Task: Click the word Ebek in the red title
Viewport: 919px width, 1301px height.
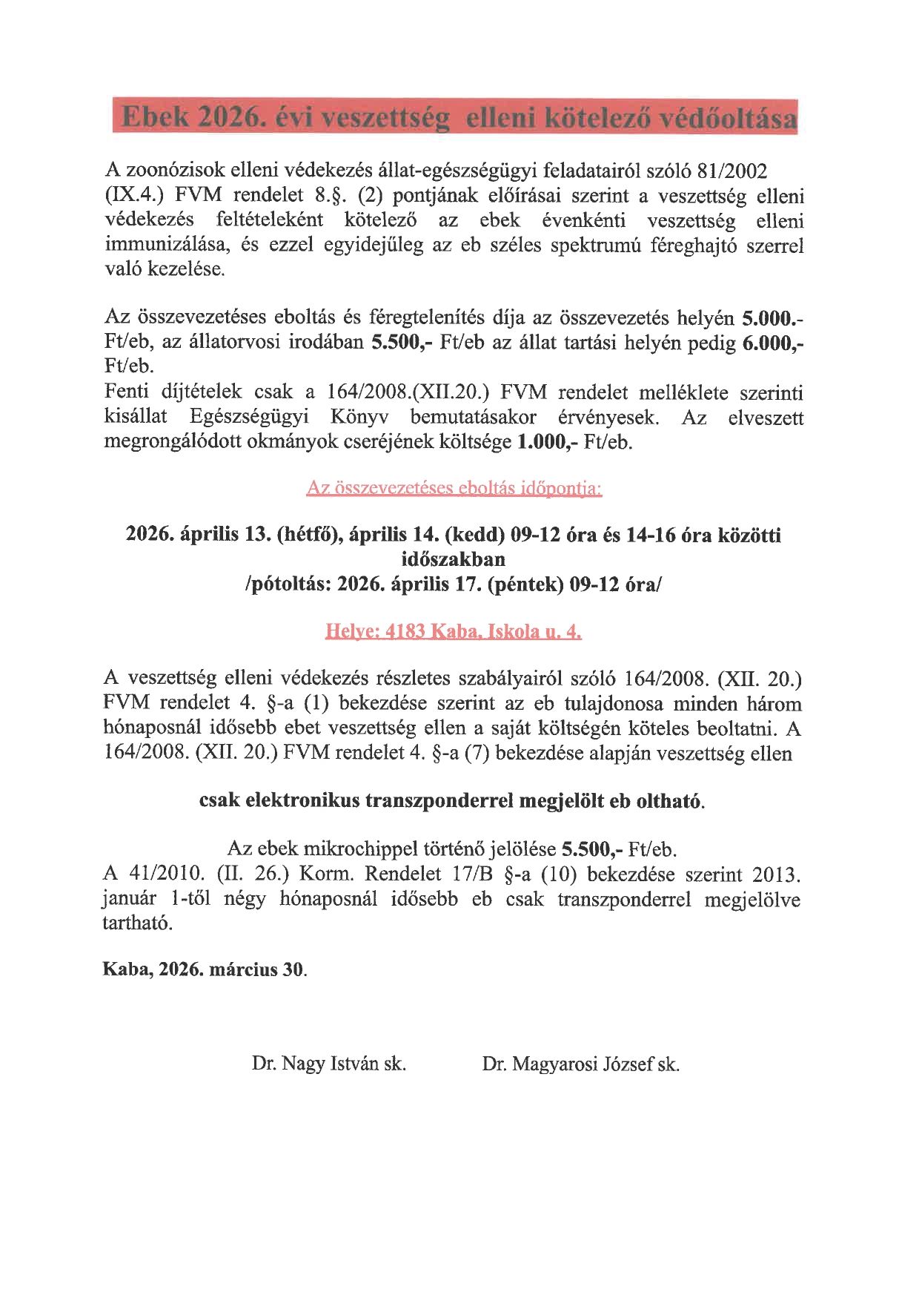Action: coord(155,117)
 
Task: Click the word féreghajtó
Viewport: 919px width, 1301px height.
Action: coord(694,246)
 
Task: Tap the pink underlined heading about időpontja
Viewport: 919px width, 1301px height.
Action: coord(454,488)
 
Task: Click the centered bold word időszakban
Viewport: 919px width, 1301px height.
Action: coord(453,559)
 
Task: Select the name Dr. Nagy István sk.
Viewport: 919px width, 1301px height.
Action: coord(328,1064)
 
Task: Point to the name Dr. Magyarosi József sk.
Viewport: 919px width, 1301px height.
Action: coord(580,1064)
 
